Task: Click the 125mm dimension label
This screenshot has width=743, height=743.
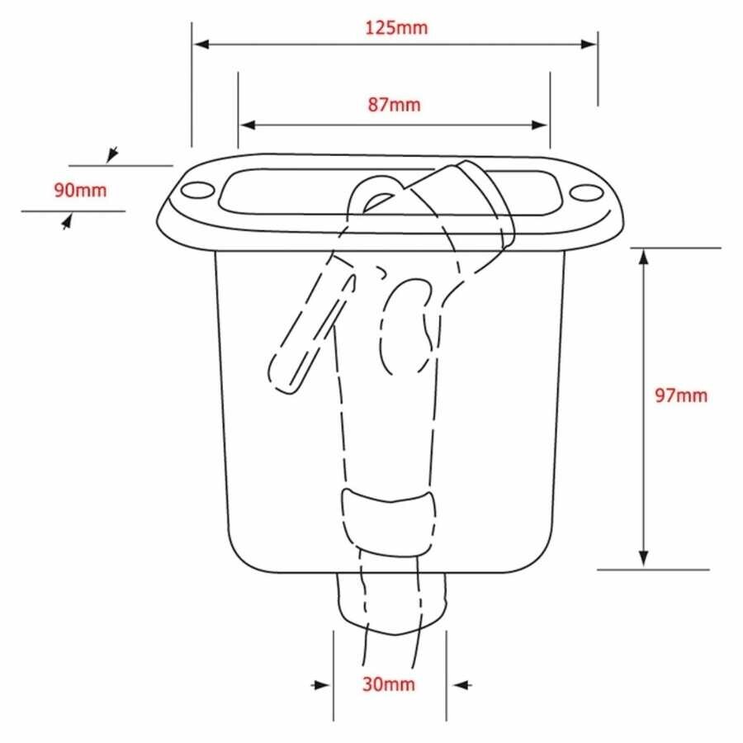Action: click(x=396, y=27)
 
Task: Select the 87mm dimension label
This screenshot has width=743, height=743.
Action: click(x=395, y=104)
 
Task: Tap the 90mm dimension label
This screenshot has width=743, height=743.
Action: click(x=80, y=190)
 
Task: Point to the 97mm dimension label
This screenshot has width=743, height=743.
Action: click(x=681, y=395)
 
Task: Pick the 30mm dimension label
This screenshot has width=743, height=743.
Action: click(x=389, y=684)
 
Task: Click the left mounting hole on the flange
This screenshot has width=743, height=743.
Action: click(x=198, y=190)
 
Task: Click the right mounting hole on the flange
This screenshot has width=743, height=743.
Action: click(x=585, y=193)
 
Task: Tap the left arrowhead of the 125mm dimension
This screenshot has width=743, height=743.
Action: click(x=201, y=44)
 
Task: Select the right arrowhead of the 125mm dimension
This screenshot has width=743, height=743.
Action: click(x=589, y=44)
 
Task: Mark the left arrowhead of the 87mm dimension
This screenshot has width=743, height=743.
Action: click(x=248, y=125)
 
